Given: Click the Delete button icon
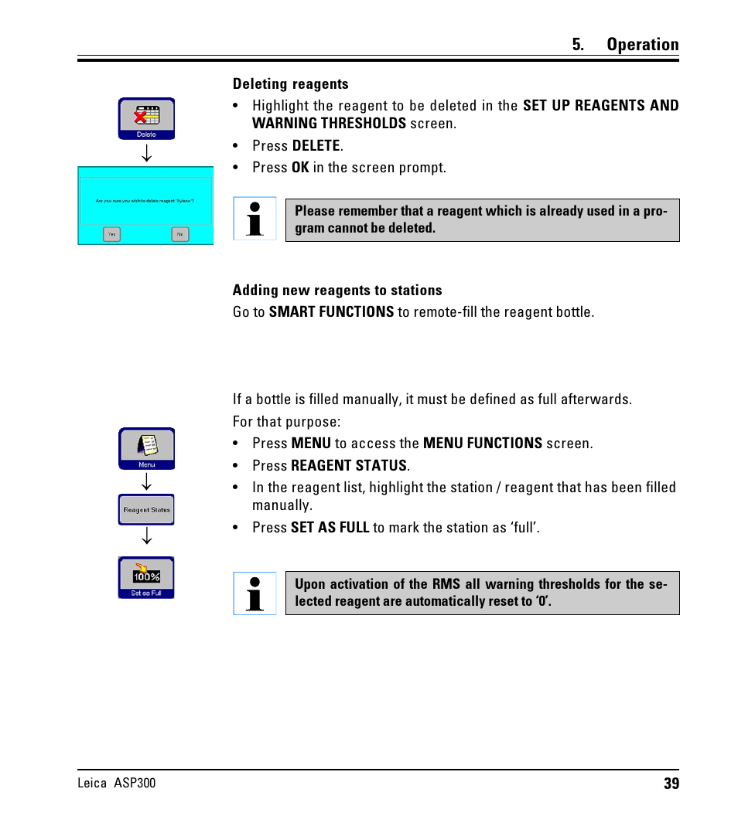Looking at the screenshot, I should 146,118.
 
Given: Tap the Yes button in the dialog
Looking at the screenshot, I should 112,233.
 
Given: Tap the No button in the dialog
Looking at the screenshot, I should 180,233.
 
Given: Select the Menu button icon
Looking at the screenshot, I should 146,448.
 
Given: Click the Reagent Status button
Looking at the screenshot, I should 146,510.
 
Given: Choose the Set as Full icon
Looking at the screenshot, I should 146,577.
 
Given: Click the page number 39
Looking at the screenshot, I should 671,784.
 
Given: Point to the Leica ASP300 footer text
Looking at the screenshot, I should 117,783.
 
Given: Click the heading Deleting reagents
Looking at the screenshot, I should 290,84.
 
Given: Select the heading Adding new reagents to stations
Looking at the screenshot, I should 337,291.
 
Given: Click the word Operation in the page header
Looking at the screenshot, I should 642,45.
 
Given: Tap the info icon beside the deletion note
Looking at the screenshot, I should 255,219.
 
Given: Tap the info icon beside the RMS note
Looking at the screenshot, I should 255,593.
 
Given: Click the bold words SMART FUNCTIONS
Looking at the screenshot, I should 331,312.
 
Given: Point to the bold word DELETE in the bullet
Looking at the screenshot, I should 316,146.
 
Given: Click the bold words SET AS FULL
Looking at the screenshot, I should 330,528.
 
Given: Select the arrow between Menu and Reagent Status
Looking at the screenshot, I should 146,481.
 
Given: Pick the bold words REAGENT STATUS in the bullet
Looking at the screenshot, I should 349,466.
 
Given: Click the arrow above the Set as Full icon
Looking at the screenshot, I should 146,536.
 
